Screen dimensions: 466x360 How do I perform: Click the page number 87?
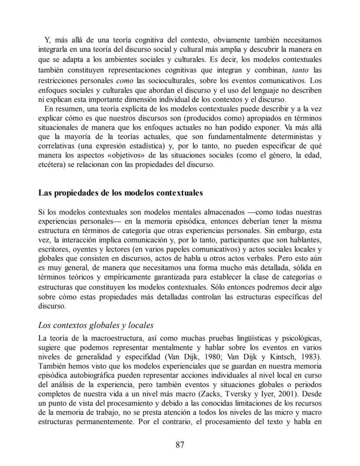[x=180, y=444]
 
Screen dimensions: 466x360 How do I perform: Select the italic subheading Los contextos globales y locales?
[x=96, y=325]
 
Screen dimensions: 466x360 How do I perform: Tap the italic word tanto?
[x=300, y=70]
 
